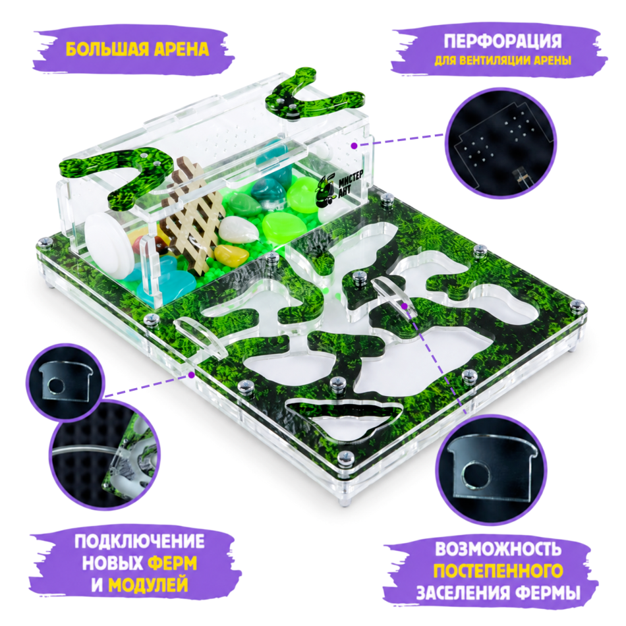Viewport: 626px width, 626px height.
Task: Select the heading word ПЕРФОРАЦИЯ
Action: click(x=503, y=41)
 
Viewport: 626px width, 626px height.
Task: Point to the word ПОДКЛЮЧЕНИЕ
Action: click(x=139, y=542)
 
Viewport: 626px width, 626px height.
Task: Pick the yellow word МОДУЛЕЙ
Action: click(x=148, y=585)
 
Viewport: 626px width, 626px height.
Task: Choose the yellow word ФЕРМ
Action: click(x=173, y=563)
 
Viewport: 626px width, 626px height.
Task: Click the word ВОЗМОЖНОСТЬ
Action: click(x=498, y=549)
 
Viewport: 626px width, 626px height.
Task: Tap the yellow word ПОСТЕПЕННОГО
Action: click(x=498, y=571)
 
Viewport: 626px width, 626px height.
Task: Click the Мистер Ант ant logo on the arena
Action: click(x=339, y=189)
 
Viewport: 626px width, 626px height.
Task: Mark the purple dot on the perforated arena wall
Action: click(x=354, y=146)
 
